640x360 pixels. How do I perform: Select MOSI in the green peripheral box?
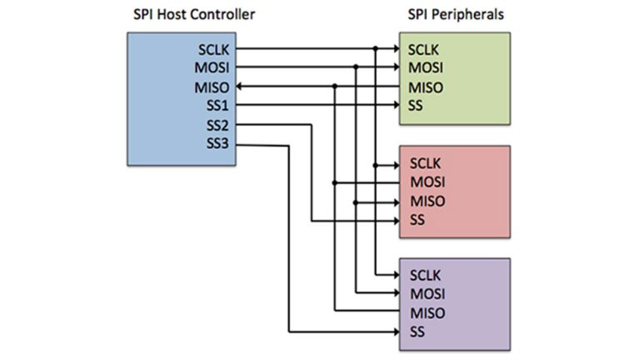coord(426,67)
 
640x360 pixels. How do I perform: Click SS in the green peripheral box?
coord(417,105)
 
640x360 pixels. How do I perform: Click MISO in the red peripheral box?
coord(426,201)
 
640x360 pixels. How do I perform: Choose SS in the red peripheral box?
coord(417,220)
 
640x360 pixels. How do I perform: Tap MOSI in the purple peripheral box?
coord(426,293)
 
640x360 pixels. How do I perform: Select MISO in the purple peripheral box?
coord(426,313)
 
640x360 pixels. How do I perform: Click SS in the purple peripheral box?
coord(417,332)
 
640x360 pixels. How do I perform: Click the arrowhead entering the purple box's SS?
coord(395,332)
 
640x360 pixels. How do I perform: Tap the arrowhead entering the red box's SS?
coord(395,221)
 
